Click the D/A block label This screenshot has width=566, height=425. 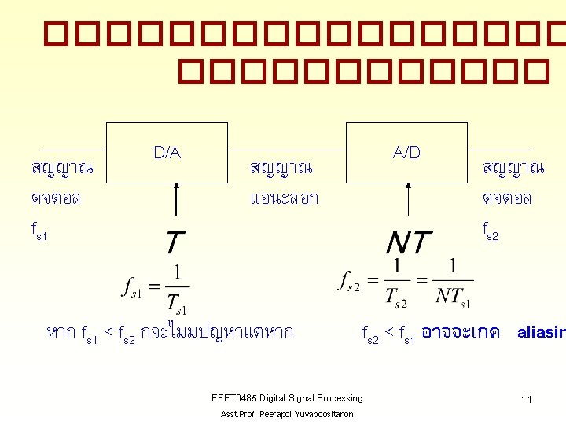[167, 153]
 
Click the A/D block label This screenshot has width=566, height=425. [407, 153]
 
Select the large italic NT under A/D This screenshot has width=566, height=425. [409, 243]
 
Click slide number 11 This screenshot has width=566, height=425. [526, 400]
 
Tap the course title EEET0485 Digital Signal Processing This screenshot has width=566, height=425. [287, 398]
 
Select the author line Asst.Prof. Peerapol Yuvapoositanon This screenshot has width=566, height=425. [287, 414]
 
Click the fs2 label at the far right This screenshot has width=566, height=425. [489, 231]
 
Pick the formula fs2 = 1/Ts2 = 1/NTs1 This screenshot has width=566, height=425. [406, 282]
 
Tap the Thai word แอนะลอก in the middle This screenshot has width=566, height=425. [284, 198]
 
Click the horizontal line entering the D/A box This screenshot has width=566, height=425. [72, 150]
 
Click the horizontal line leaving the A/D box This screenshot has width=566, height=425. [500, 150]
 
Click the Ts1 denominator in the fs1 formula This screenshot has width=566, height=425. [176, 303]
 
